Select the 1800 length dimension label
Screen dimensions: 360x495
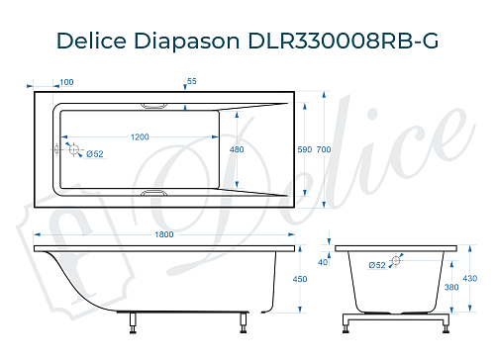coord(165,234)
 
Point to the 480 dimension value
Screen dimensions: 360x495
coord(237,149)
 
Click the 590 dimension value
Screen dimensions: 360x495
coord(304,149)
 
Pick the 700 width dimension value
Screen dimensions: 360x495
coord(323,149)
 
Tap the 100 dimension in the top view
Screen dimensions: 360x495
coord(67,82)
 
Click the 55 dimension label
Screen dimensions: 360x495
coord(192,82)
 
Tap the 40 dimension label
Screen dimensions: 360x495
coord(322,262)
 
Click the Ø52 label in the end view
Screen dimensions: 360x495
coord(378,265)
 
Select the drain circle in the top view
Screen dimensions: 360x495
coord(72,149)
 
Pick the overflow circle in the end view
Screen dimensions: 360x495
coord(398,260)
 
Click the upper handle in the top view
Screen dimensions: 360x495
coord(156,104)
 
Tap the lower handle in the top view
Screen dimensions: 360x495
coord(156,194)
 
